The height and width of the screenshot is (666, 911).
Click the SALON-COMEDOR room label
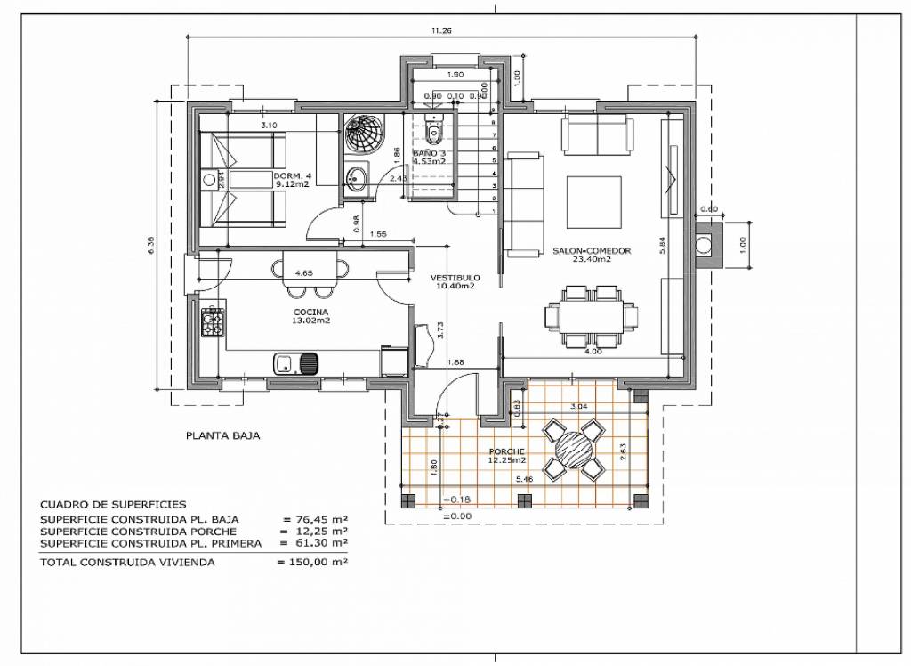tap(592, 251)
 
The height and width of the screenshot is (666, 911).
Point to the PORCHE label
tap(506, 451)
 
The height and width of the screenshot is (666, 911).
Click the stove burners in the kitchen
tap(212, 321)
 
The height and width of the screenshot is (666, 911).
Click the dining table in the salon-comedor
tap(592, 316)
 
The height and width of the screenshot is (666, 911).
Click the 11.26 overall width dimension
tap(441, 31)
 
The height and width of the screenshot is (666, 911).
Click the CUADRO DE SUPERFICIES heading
tap(113, 504)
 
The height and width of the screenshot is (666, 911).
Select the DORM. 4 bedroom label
tap(293, 175)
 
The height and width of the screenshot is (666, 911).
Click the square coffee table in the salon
tap(593, 200)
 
